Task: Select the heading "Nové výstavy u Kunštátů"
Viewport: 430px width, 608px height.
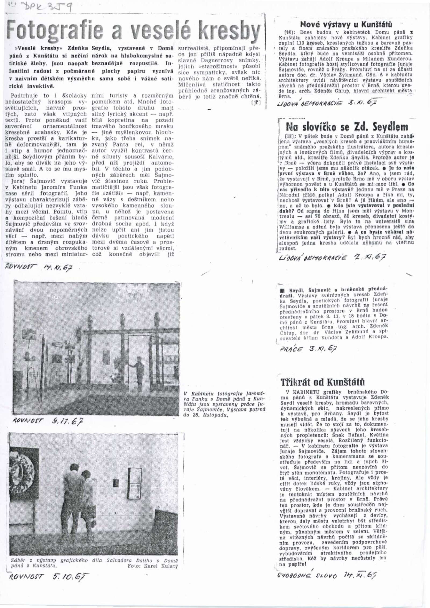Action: coord(346,25)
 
